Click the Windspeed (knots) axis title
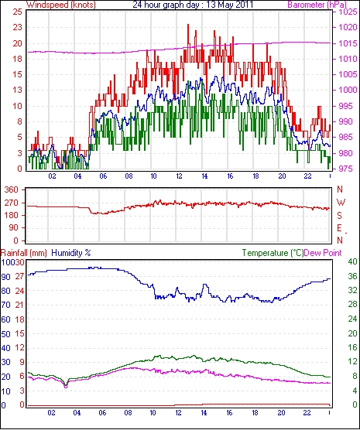(61, 5)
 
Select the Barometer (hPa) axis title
(317, 5)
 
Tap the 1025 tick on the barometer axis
(348, 12)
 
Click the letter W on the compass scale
(341, 203)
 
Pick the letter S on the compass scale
(339, 216)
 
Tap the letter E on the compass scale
(339, 228)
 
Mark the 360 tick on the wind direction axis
(12, 189)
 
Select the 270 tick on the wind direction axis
(12, 203)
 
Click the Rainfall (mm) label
(24, 253)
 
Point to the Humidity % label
(71, 253)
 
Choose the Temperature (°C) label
(273, 253)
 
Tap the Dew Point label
(323, 253)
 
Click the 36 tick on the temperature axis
(352, 276)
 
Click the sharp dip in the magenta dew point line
(66, 387)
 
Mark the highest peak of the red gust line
(188, 25)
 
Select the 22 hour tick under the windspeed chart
(307, 176)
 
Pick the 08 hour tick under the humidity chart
(128, 412)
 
